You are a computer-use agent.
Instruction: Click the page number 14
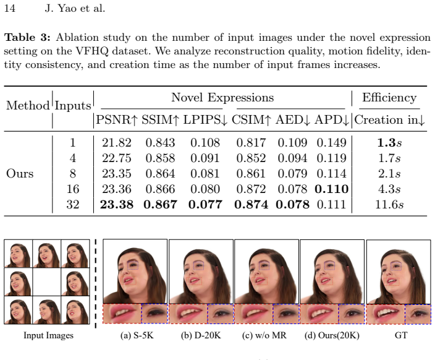pos(9,8)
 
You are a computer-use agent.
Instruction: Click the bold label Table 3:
pos(27,37)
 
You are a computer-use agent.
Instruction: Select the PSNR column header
pos(117,120)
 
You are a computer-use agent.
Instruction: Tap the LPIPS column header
pos(205,120)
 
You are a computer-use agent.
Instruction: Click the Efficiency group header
pos(389,98)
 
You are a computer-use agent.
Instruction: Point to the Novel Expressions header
pos(222,98)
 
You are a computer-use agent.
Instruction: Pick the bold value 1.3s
pos(389,142)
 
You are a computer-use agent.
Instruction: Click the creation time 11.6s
pos(389,205)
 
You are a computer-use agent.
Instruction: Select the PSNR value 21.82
pos(117,142)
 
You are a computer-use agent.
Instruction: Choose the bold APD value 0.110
pos(332,189)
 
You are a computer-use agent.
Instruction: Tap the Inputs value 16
pos(73,189)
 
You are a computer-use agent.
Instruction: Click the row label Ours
pos(20,173)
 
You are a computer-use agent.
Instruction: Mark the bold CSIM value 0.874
pos(251,205)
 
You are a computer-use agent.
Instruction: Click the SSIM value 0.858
pos(161,158)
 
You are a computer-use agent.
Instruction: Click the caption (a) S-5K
pos(137,335)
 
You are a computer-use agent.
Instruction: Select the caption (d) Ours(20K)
pos(332,335)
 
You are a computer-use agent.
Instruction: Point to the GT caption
pos(401,335)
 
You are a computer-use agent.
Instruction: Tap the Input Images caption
pos(48,335)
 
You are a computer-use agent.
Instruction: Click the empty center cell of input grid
pos(46,281)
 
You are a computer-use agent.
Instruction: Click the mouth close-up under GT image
pos(386,314)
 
